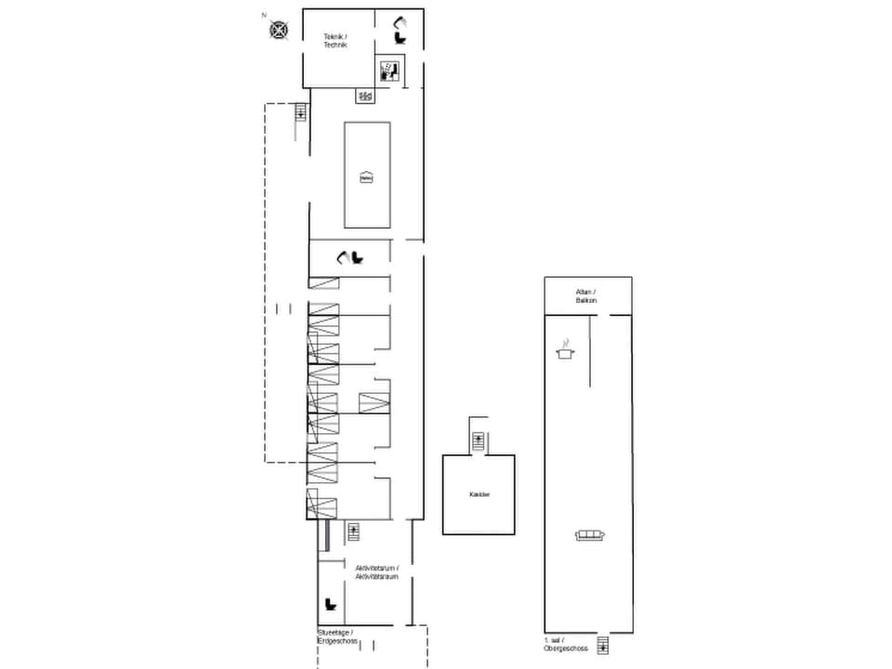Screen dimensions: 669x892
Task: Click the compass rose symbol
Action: pyautogui.click(x=279, y=30)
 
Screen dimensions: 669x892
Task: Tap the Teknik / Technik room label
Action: pyautogui.click(x=334, y=41)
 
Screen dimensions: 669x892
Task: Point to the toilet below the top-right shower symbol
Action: pyautogui.click(x=400, y=38)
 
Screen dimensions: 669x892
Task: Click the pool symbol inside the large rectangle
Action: pyautogui.click(x=366, y=177)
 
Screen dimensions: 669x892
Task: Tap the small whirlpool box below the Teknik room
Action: pyautogui.click(x=365, y=96)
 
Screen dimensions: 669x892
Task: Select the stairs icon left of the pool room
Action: pyautogui.click(x=300, y=112)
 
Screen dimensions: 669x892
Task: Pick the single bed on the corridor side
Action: pyautogui.click(x=373, y=403)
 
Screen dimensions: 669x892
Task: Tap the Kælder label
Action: pyautogui.click(x=479, y=494)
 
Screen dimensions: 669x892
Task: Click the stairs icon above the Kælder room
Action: pyautogui.click(x=478, y=441)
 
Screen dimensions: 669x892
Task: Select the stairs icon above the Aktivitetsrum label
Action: pyautogui.click(x=353, y=531)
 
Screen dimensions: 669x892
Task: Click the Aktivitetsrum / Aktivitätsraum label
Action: pyautogui.click(x=376, y=571)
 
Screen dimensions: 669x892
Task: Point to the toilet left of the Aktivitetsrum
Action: pyautogui.click(x=330, y=605)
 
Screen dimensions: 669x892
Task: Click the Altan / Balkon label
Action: pyautogui.click(x=586, y=296)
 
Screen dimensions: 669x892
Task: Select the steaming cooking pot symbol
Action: pyautogui.click(x=563, y=351)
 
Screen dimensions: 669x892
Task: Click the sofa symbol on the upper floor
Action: pyautogui.click(x=589, y=533)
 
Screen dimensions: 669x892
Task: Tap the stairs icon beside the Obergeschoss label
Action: pyautogui.click(x=603, y=645)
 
